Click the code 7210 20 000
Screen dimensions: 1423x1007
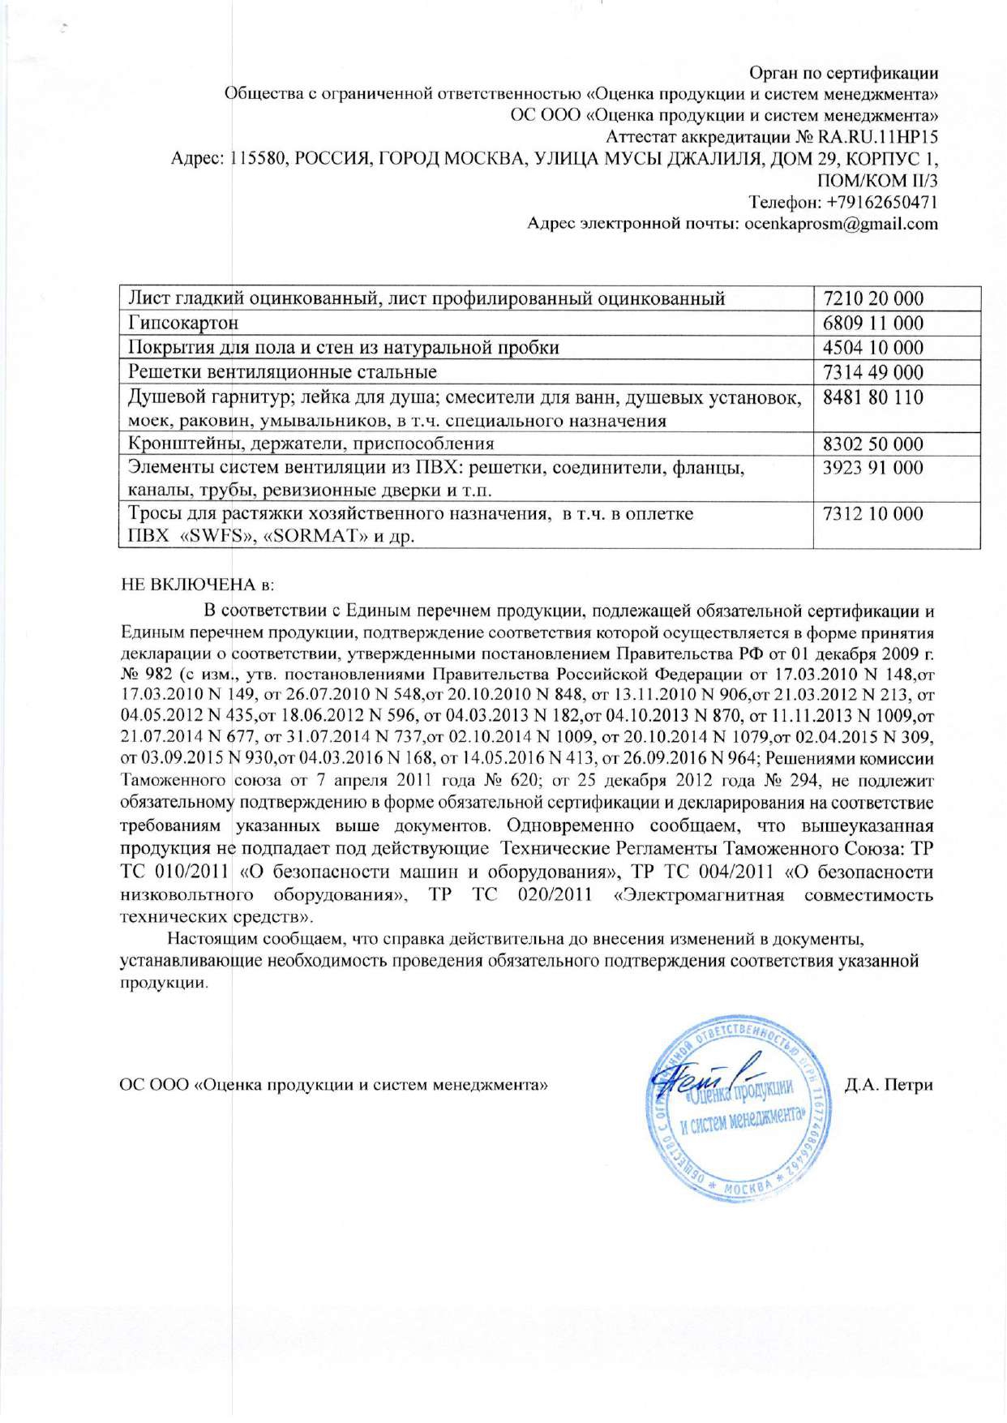point(872,298)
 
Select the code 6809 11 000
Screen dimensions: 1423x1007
point(872,323)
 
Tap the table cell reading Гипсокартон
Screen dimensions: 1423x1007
point(183,323)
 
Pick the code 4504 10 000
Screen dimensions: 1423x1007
point(872,347)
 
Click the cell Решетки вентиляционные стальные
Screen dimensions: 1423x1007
point(282,372)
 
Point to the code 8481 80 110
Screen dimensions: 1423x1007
point(872,397)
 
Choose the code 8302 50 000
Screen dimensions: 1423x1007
point(872,444)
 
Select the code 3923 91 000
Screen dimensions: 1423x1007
point(872,467)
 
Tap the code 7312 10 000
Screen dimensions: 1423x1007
point(872,513)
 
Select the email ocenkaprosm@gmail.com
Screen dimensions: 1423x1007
point(842,224)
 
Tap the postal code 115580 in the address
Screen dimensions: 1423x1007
point(258,158)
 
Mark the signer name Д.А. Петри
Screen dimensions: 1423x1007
point(888,1085)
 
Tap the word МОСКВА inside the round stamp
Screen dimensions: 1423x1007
point(748,1188)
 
